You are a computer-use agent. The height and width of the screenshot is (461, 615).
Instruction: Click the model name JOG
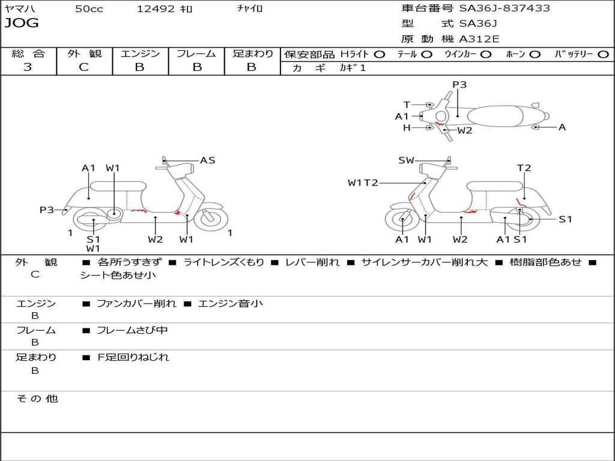click(22, 23)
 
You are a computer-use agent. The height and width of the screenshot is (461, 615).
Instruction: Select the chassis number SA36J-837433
click(504, 8)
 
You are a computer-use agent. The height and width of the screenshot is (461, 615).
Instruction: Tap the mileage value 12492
click(156, 8)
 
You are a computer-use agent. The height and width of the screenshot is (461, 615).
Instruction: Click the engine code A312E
click(479, 39)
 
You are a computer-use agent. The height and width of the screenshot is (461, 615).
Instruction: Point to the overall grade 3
click(28, 67)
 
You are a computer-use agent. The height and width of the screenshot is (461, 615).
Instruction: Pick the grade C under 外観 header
click(83, 67)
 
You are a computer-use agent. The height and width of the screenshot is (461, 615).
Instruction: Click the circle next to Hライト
click(380, 55)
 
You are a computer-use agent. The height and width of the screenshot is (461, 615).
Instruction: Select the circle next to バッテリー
click(603, 55)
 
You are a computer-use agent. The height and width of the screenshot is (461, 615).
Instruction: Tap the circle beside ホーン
click(535, 55)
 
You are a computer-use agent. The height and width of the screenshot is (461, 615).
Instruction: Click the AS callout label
click(207, 160)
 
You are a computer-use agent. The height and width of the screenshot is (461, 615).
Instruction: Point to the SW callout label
click(406, 160)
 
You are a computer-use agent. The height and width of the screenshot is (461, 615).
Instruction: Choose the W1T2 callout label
click(363, 182)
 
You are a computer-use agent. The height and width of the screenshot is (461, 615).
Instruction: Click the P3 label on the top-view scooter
click(459, 85)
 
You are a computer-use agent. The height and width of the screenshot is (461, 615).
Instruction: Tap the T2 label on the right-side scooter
click(524, 168)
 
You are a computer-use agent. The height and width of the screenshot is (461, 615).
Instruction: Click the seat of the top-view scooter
click(495, 116)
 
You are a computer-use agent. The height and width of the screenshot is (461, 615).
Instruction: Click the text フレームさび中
click(132, 330)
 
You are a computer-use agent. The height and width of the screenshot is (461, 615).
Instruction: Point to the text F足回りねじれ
click(133, 357)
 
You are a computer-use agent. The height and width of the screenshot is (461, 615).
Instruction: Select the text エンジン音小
click(230, 303)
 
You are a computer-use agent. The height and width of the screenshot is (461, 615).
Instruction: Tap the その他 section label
click(37, 399)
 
